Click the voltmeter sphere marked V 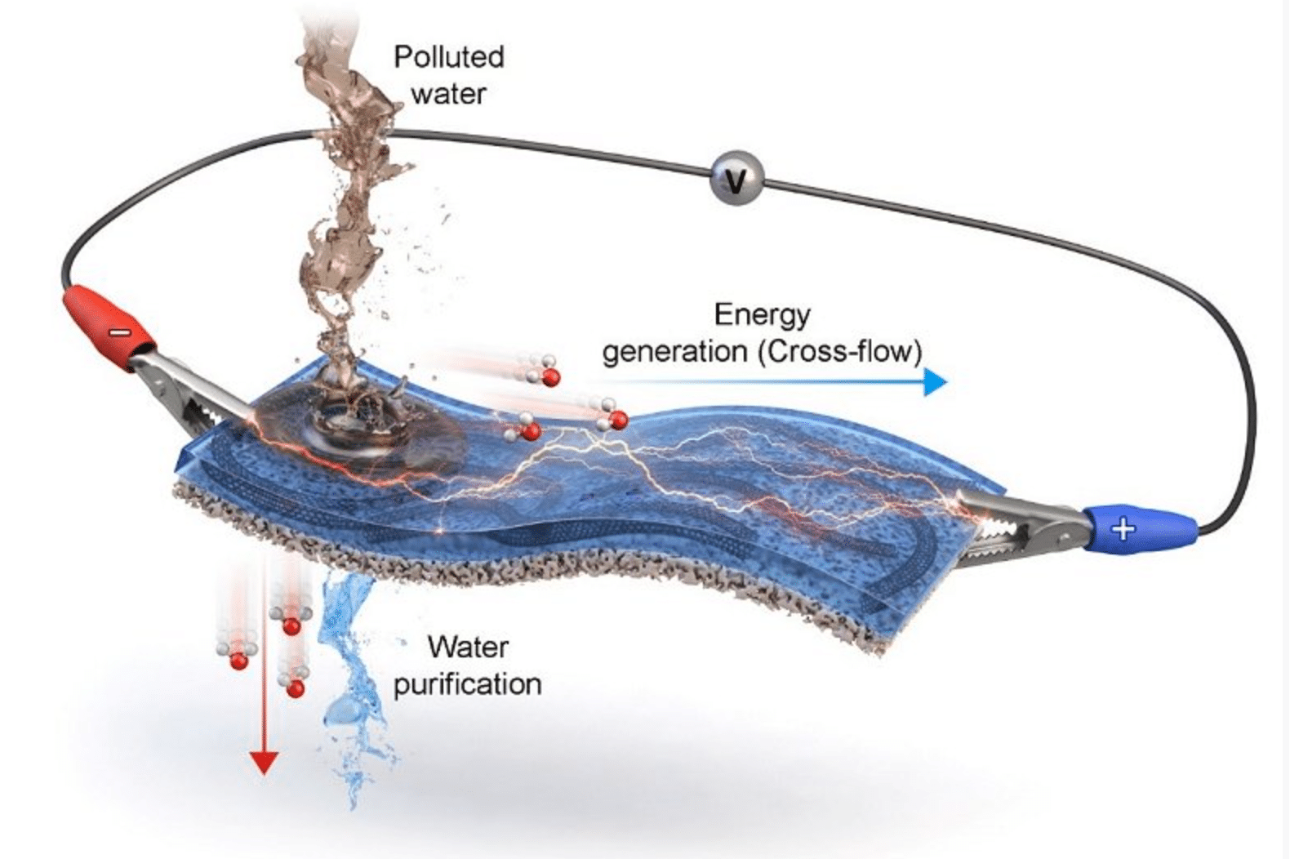point(736,177)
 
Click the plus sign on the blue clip point(1123,529)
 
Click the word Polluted point(448,57)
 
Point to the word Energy point(762,314)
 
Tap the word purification point(467,684)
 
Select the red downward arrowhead point(263,763)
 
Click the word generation point(674,352)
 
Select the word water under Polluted point(448,94)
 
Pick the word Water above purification point(468,647)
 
